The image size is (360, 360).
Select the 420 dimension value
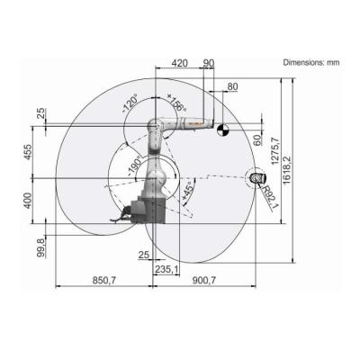pos(180,63)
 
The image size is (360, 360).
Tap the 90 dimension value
pos(209,63)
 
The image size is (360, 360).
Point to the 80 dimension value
pos(233,86)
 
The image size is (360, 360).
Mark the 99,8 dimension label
pos(39,245)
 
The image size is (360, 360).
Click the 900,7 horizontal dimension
pos(203,280)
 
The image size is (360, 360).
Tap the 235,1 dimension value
pos(164,267)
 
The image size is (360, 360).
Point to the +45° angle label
pos(187,192)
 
